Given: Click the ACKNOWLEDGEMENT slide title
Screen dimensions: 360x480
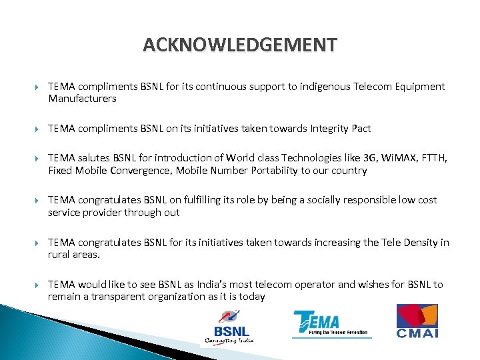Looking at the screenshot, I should click(x=240, y=45).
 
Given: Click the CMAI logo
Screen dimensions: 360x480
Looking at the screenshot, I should click(x=417, y=321).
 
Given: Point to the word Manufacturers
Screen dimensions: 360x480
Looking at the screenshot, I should click(x=82, y=99).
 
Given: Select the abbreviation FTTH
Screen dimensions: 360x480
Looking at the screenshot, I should click(x=435, y=158).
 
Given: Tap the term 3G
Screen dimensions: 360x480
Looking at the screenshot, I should click(x=371, y=158).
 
